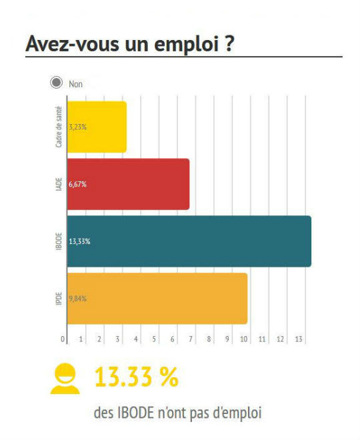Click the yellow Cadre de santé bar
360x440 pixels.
97,127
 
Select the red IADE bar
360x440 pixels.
129,184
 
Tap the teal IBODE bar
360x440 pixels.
189,241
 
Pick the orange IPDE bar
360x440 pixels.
157,299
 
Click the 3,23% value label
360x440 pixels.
78,127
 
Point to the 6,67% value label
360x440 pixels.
78,184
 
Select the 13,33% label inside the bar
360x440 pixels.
79,241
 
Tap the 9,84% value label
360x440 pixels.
78,299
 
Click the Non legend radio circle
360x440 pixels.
56,84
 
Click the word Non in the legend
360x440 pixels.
75,84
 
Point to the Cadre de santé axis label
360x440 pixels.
60,127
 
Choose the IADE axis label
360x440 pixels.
60,184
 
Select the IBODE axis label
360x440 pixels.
60,241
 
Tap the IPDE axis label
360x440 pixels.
60,299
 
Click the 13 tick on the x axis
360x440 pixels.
299,339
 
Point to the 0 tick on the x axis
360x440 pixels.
63,339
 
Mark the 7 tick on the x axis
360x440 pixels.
191,339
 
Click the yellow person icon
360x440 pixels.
64,377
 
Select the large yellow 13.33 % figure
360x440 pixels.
136,377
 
